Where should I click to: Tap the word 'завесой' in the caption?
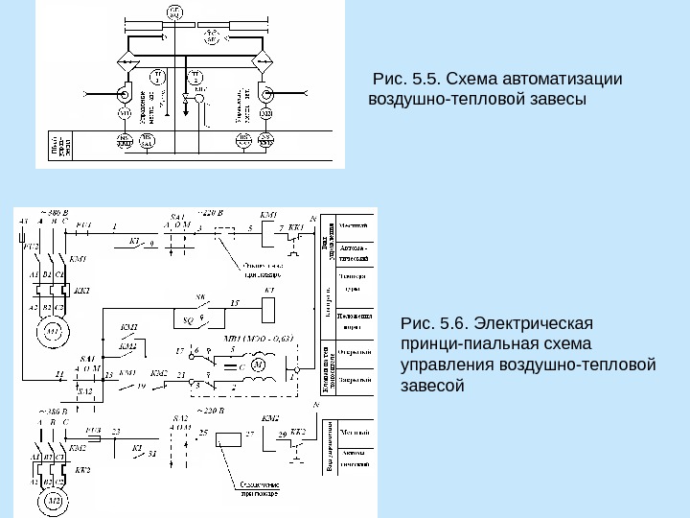(432, 387)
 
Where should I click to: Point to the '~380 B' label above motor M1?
(52, 211)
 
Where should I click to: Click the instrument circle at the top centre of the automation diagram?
(174, 12)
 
